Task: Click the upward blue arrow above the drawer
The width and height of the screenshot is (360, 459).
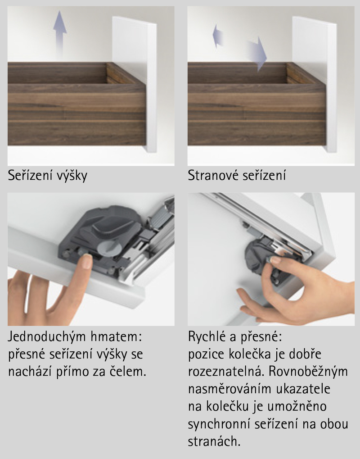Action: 60,34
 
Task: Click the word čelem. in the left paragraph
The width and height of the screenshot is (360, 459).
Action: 127,371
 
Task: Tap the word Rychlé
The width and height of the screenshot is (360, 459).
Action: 207,337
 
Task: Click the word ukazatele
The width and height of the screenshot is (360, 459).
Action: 303,389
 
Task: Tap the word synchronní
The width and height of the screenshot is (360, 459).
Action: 219,424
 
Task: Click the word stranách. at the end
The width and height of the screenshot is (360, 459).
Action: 214,441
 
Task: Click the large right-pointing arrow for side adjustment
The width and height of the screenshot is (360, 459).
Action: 256,54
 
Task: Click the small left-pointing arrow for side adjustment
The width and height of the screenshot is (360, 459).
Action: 218,36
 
